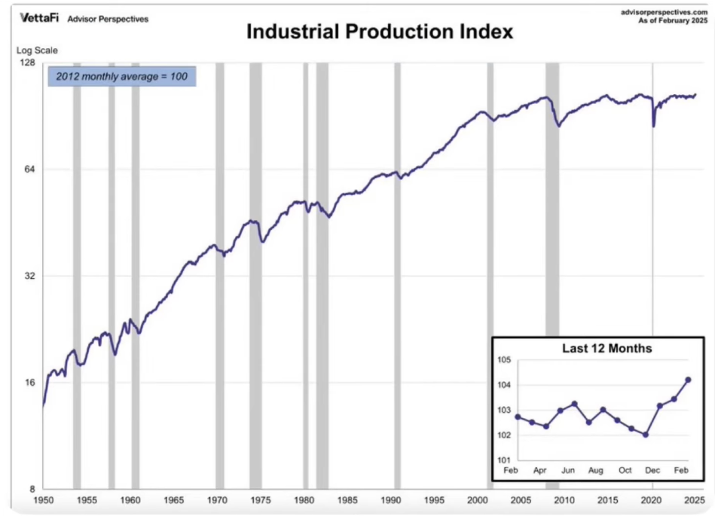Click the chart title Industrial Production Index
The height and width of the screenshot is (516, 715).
(x=379, y=32)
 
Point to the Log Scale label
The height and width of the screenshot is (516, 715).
(x=37, y=51)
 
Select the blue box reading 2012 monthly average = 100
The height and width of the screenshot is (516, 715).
(x=122, y=77)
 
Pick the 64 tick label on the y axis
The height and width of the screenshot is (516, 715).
(x=30, y=169)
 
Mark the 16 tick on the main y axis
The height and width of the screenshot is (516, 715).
(x=30, y=382)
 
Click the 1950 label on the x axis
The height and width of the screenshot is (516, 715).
(x=43, y=500)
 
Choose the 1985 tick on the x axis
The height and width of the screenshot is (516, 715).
(x=347, y=500)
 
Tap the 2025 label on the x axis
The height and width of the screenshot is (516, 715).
(x=695, y=500)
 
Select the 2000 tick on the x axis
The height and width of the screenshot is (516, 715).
(x=478, y=500)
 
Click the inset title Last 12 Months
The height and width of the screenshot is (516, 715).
(x=607, y=349)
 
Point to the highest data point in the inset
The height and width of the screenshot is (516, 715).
(x=688, y=380)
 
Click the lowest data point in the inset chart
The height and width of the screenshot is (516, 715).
(x=646, y=435)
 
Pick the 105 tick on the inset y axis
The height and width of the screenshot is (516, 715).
(x=506, y=360)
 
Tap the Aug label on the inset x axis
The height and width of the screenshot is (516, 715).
(x=596, y=471)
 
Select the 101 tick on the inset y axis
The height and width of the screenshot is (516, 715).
(x=506, y=460)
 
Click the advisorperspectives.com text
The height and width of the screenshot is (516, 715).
(x=664, y=12)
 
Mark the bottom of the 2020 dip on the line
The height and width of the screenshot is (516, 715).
(x=654, y=126)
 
